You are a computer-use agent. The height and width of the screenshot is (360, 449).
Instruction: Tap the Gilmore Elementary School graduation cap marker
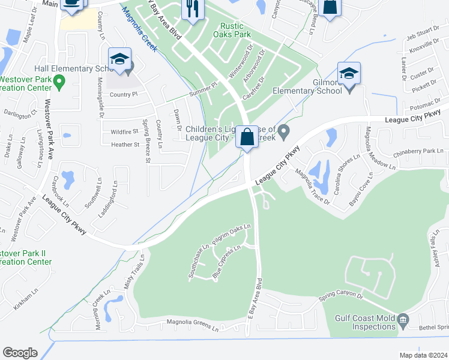pos(349,74)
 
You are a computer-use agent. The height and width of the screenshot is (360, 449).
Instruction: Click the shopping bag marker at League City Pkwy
pos(247,137)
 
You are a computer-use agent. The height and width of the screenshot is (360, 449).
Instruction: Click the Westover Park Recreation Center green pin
pos(59,80)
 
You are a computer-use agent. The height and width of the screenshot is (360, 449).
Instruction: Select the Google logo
pos(20,353)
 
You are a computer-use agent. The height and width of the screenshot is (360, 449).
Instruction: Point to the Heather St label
pos(125,145)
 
